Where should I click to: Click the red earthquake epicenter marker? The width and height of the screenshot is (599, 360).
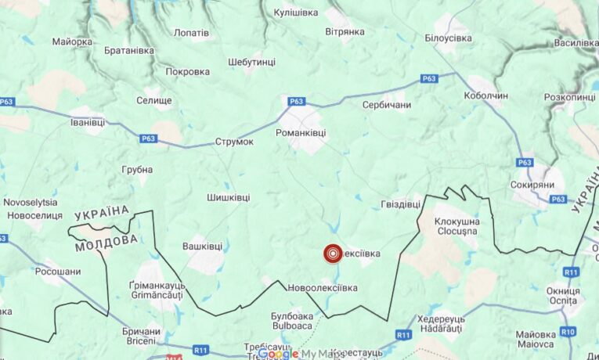point(333,254)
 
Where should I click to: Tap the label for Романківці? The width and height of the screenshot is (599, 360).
point(301,133)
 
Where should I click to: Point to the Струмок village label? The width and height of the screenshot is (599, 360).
point(235,142)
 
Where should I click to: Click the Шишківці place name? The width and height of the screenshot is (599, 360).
point(229,198)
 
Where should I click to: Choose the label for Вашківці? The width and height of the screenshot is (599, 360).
point(202,246)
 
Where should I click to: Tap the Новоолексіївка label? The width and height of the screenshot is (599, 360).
point(322,288)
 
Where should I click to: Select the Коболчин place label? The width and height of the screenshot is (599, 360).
point(485,95)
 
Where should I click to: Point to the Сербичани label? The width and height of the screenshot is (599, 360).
point(387,104)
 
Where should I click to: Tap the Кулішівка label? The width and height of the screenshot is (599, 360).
point(296,13)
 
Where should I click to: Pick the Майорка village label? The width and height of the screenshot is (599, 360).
point(73,41)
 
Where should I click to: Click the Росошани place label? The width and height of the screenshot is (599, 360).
point(57,272)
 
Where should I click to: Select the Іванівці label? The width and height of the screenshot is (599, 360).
point(87,122)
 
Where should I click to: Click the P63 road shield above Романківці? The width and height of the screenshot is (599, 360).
point(296,101)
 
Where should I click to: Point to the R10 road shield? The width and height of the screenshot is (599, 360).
point(568,332)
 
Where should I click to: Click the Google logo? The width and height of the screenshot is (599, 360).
point(278,354)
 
